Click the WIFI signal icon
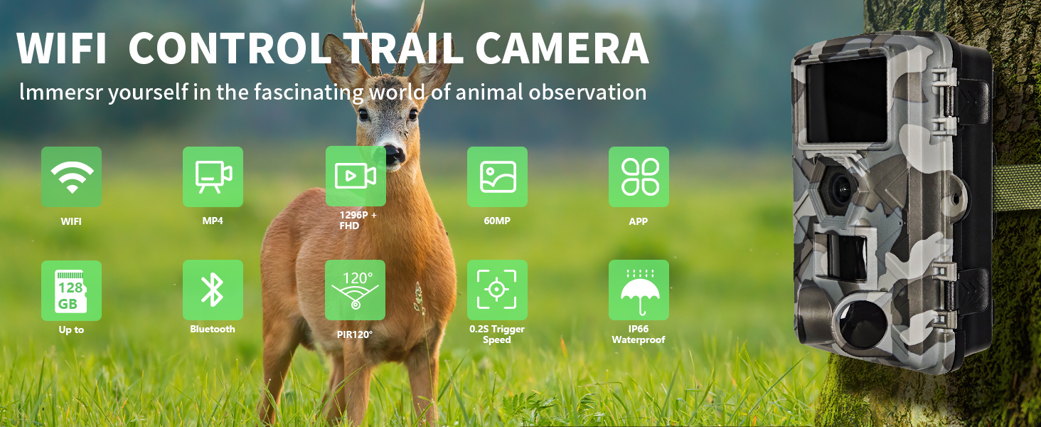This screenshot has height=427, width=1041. (x=71, y=177)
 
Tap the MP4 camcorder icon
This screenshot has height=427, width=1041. (x=213, y=177)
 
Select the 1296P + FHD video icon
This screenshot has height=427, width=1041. (x=356, y=176)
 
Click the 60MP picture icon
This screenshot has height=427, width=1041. (x=497, y=177)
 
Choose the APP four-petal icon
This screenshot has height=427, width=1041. (x=639, y=177)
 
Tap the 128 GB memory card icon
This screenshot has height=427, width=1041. (x=71, y=290)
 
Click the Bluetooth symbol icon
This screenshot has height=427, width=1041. (x=213, y=290)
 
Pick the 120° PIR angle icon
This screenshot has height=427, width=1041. (x=356, y=290)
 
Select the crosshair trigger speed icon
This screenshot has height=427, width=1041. (x=497, y=290)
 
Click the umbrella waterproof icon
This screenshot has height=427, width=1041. (x=639, y=290)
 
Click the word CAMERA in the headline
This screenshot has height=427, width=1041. (x=562, y=48)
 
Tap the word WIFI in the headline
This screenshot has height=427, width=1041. (x=61, y=48)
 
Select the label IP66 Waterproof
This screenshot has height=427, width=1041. (x=639, y=334)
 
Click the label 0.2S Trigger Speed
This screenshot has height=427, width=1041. (x=497, y=334)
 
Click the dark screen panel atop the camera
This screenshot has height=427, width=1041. (x=846, y=100)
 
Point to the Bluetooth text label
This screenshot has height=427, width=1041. (x=213, y=330)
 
